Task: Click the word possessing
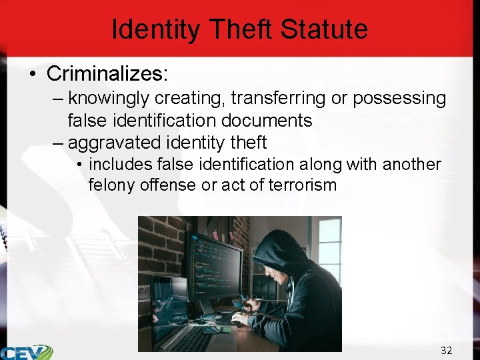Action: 399,99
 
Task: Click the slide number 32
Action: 446,350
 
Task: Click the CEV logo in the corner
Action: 27,351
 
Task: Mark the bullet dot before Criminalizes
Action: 33,73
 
